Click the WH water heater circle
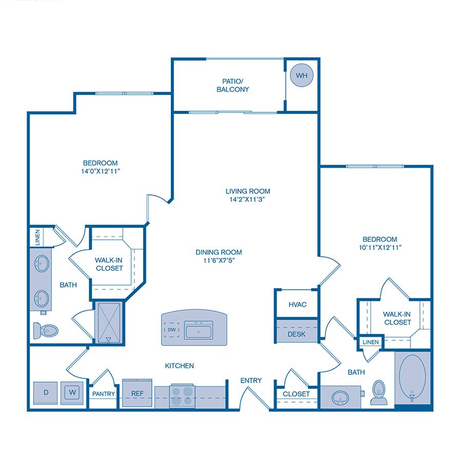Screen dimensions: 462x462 [x=302, y=76]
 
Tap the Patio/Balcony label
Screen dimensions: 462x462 [x=236, y=85]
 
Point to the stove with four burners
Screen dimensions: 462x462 [x=182, y=396]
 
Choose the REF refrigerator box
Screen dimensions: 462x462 [x=137, y=394]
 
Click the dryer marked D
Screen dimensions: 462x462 [x=46, y=393]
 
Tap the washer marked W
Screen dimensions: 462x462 [x=72, y=393]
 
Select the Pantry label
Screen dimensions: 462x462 [x=104, y=394]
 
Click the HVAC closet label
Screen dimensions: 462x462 [x=297, y=304]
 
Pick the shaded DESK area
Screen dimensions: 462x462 [x=297, y=334]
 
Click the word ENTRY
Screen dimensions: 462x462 [x=251, y=380]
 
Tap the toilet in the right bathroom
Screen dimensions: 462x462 [x=379, y=392]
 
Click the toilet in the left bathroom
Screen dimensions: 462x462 [x=46, y=330]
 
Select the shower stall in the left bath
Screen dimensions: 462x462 [x=108, y=322]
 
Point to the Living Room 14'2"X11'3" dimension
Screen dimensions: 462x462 [x=248, y=199]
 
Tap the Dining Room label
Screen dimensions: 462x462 [x=219, y=252]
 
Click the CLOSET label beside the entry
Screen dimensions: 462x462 [x=296, y=394]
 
